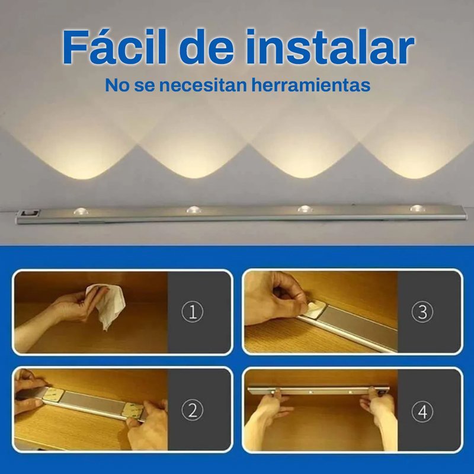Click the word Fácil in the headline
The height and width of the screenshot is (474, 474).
pyautogui.click(x=115, y=47)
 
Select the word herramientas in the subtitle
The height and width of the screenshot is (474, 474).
pyautogui.click(x=311, y=85)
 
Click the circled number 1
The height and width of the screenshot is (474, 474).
pyautogui.click(x=193, y=312)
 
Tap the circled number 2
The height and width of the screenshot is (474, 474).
pyautogui.click(x=193, y=409)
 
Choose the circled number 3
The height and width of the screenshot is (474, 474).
pyautogui.click(x=422, y=312)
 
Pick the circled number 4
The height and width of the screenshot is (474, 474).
pyautogui.click(x=422, y=411)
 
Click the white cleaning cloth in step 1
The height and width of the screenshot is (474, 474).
pyautogui.click(x=107, y=305)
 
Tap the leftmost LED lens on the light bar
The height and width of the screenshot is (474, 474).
pyautogui.click(x=81, y=211)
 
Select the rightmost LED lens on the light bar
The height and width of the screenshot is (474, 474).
pyautogui.click(x=418, y=208)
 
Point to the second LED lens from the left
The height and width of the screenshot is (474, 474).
pyautogui.click(x=194, y=209)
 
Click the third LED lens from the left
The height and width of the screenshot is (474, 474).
pyautogui.click(x=305, y=209)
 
